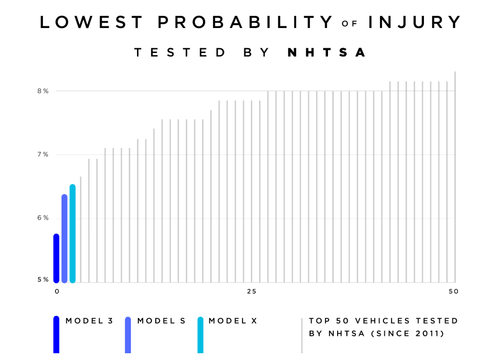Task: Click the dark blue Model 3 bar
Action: tap(56, 259)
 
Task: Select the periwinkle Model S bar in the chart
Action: tap(64, 239)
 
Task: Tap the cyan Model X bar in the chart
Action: tap(72, 234)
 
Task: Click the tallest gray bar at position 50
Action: tap(455, 177)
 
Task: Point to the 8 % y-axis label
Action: tap(43, 91)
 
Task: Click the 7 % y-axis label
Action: tap(43, 154)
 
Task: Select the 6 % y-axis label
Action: tap(43, 218)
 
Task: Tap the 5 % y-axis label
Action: tap(43, 279)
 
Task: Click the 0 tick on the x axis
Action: tap(57, 291)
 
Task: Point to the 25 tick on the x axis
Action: tap(251, 291)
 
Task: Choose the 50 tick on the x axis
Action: tap(453, 291)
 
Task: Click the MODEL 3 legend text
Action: tap(89, 321)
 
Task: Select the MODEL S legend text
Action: tap(161, 321)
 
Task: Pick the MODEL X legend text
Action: tap(233, 321)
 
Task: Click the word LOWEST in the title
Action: tap(92, 22)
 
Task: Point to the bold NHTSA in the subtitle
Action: tap(327, 53)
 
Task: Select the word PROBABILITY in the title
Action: tap(245, 22)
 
